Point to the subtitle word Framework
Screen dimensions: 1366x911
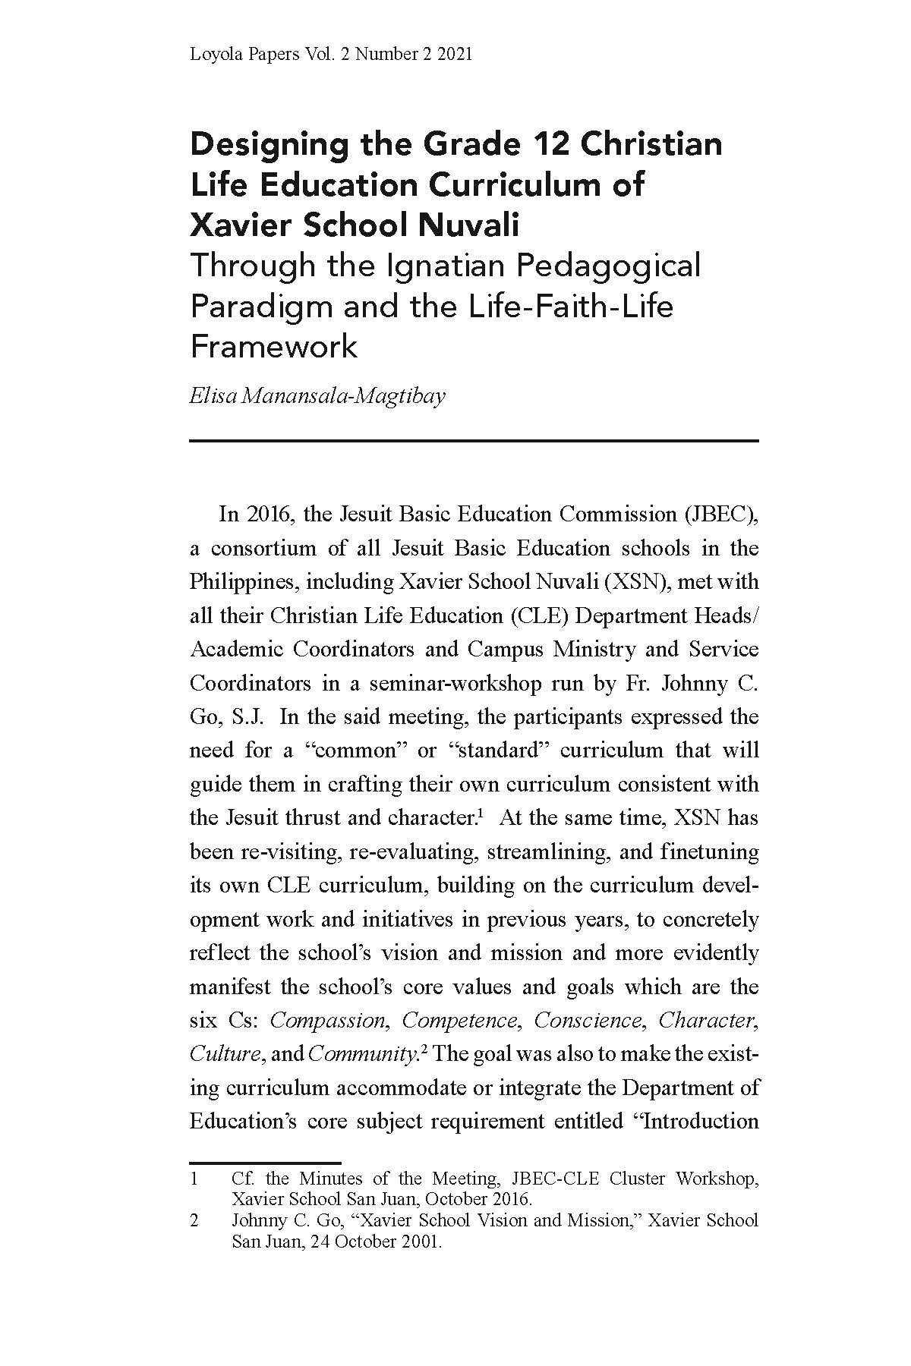273,347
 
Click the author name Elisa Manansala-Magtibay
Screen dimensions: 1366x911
317,396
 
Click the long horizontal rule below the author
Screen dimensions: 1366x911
474,441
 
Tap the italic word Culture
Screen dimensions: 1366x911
216,1054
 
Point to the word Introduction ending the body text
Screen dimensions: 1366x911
701,1122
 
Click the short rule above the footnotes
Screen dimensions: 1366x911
265,1162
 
